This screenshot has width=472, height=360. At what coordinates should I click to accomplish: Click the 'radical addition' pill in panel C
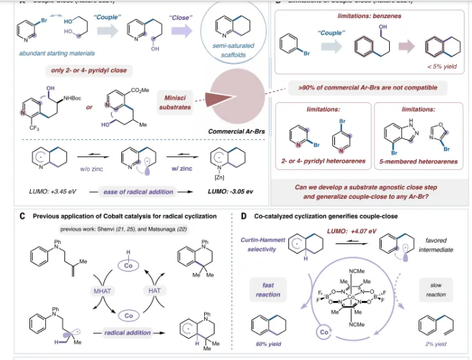(x=130, y=331)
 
